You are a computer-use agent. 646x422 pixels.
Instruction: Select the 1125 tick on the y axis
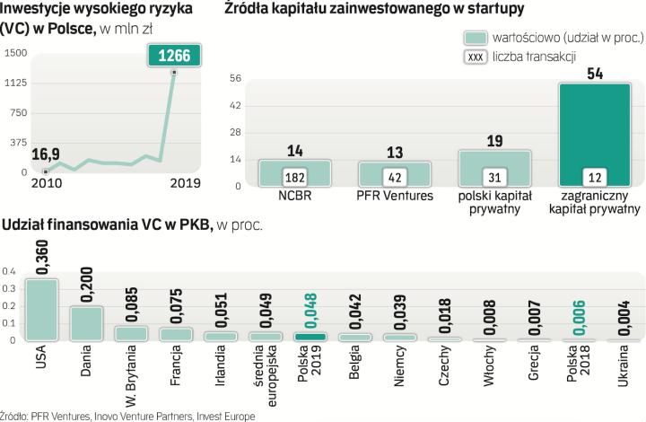[x=14, y=83]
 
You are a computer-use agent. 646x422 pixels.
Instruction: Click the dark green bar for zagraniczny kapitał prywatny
[x=593, y=135]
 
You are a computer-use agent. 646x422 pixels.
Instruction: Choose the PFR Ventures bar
[x=394, y=173]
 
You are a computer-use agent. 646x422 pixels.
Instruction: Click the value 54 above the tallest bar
[x=594, y=73]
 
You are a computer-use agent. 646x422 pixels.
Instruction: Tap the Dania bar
[x=87, y=322]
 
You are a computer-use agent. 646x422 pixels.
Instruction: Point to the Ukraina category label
[x=624, y=368]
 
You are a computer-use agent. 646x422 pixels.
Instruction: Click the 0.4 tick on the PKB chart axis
[x=9, y=270]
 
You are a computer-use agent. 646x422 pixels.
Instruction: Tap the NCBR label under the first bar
[x=295, y=195]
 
